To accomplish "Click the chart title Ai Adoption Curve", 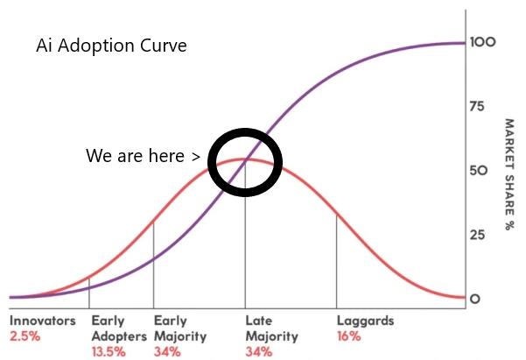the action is [111, 46].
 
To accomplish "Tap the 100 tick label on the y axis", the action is [482, 42].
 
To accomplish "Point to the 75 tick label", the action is [477, 107].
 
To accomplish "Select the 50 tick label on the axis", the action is [479, 171].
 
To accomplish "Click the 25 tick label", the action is [477, 235].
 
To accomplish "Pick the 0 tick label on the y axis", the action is [474, 299].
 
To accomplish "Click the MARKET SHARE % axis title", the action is [509, 174].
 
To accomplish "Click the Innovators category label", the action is [43, 321].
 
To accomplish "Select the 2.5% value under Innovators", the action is [25, 336].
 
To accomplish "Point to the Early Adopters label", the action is [119, 328].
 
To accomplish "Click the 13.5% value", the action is [109, 352].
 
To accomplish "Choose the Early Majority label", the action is [180, 328].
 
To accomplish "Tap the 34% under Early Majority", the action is [167, 352].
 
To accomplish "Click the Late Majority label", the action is [271, 328].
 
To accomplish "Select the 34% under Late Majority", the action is [259, 352].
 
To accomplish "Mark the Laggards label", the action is [365, 321].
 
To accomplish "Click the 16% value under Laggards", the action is [349, 336].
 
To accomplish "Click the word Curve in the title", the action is [164, 46].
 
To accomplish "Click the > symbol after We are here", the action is [196, 157].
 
